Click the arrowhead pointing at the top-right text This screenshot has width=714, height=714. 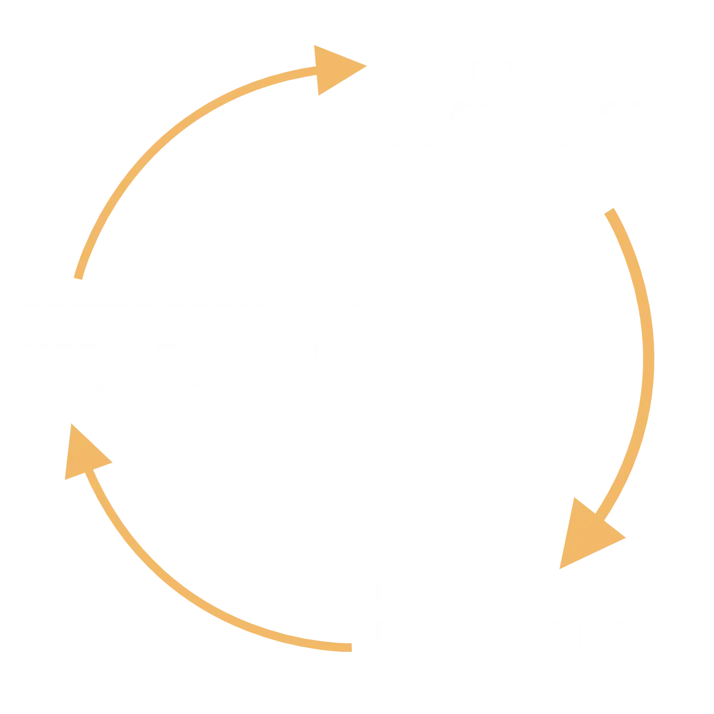click(337, 68)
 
